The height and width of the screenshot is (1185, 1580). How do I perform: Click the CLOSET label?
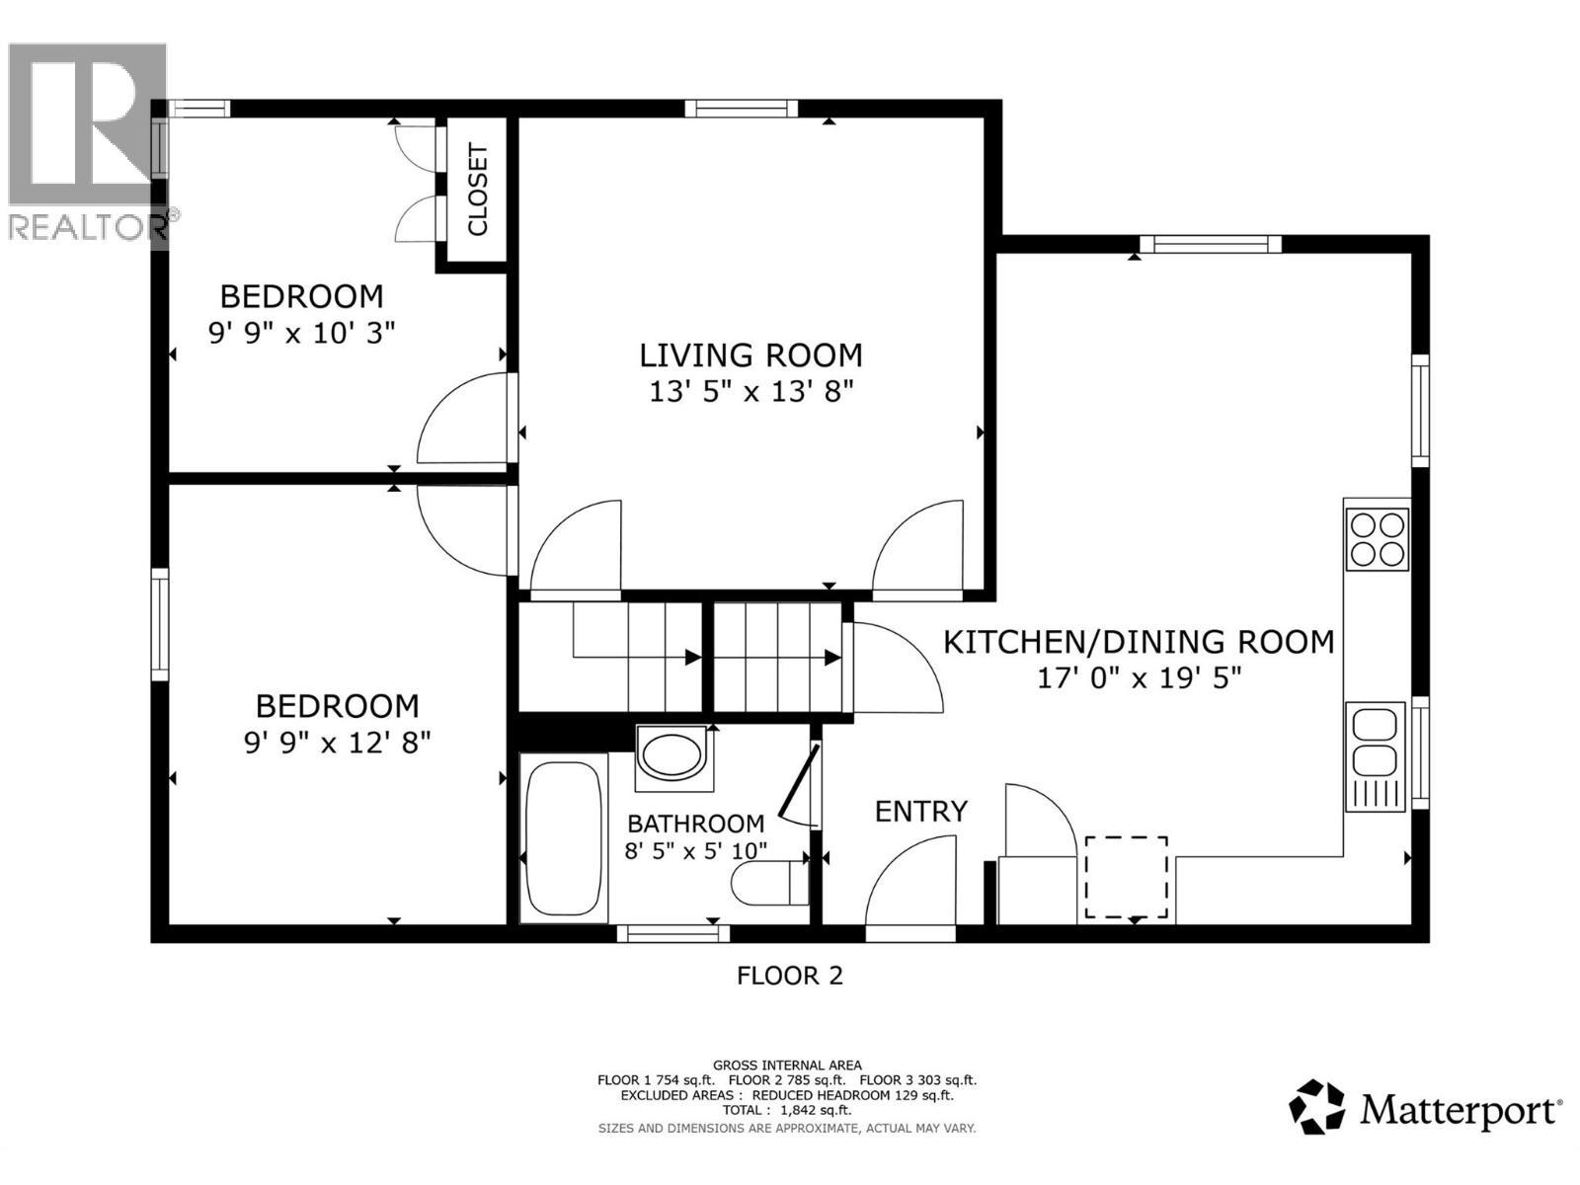(477, 190)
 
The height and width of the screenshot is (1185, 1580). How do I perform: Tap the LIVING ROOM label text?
(750, 355)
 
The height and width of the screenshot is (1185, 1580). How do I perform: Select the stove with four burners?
(1379, 538)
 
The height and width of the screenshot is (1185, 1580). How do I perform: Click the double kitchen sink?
(1375, 743)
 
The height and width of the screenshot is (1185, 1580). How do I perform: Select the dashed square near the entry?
(1126, 877)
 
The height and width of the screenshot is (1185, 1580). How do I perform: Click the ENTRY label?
(920, 812)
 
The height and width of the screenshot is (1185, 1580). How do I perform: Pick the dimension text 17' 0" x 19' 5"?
(1139, 678)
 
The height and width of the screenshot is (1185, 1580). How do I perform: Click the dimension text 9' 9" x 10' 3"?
(301, 333)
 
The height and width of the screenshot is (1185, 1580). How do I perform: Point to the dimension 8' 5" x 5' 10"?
(695, 850)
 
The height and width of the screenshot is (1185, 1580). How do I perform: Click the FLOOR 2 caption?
(790, 976)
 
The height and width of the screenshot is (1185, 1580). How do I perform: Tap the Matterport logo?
(1425, 1110)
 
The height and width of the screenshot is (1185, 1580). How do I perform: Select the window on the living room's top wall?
(742, 109)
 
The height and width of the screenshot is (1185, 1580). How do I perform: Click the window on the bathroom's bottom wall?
(672, 932)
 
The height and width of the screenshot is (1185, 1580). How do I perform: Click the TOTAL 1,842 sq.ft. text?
(786, 1110)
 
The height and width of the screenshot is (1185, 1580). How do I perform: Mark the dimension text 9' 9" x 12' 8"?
(337, 742)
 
